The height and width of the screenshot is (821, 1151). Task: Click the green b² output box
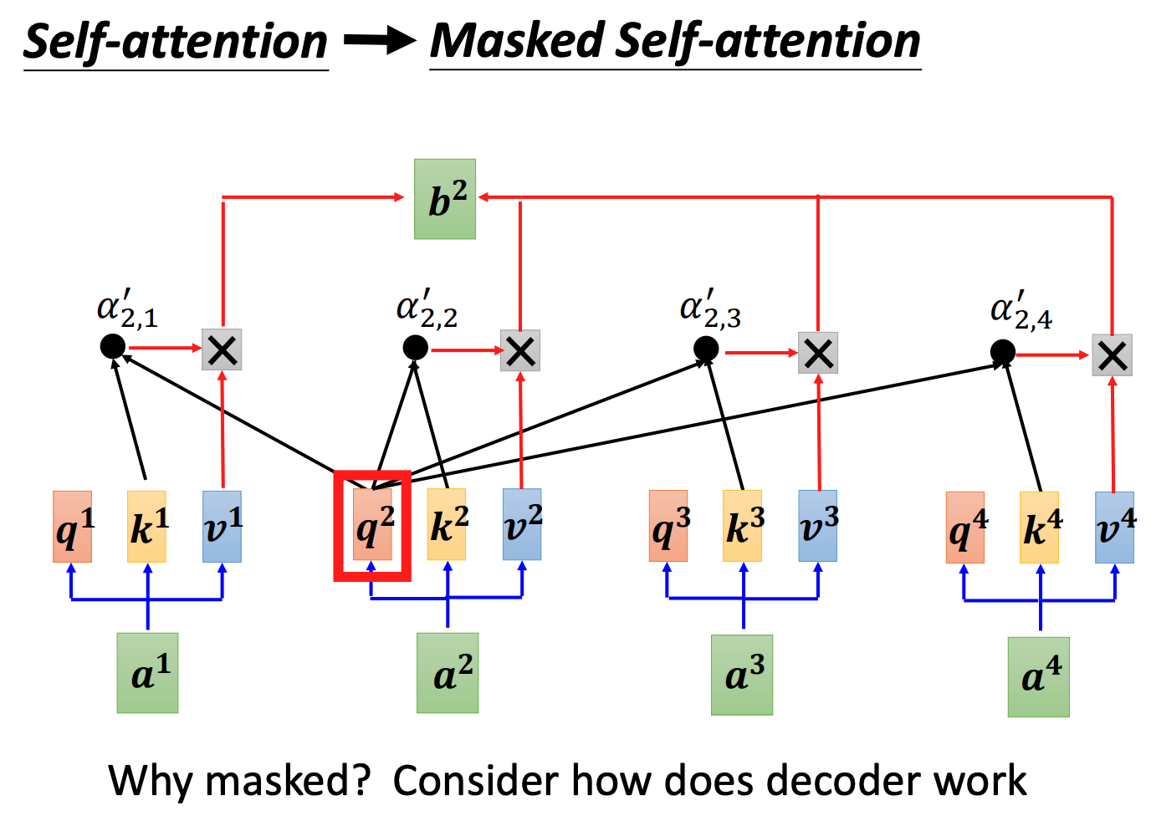pyautogui.click(x=445, y=199)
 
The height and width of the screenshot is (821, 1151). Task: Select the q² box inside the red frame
pyautogui.click(x=372, y=525)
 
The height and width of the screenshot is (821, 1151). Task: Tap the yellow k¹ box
pyautogui.click(x=146, y=527)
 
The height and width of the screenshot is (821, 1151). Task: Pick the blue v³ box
pyautogui.click(x=817, y=526)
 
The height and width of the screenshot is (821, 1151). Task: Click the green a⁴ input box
pyautogui.click(x=1038, y=676)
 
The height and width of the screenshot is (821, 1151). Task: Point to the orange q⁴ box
pyautogui.click(x=965, y=528)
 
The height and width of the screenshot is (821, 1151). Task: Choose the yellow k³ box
pyautogui.click(x=743, y=526)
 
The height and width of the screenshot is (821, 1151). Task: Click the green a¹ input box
pyautogui.click(x=147, y=673)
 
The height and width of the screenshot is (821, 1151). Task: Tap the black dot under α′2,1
pyautogui.click(x=112, y=346)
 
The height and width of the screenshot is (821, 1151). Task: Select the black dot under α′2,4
pyautogui.click(x=1002, y=352)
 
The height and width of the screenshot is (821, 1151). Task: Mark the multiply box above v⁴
pyautogui.click(x=1112, y=355)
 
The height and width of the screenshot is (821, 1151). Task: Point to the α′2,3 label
pyautogui.click(x=710, y=309)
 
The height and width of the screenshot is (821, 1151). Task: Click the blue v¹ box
pyautogui.click(x=222, y=527)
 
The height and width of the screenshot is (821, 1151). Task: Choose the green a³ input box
pyautogui.click(x=742, y=675)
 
